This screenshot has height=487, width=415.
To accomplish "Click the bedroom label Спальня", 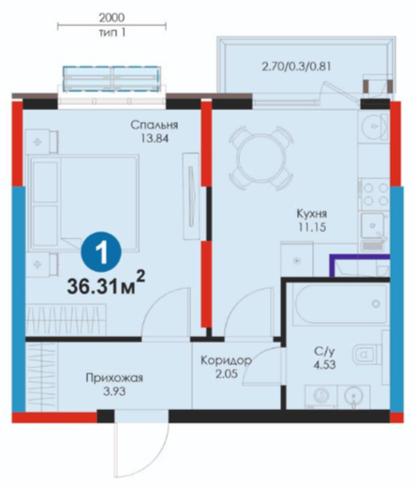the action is coord(155,126).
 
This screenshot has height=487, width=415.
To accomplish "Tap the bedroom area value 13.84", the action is coord(155,138).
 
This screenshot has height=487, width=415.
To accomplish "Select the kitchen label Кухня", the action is coord(311,214).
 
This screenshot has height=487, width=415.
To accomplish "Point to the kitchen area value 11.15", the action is coord(312,227).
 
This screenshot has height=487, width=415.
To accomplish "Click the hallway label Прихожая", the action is coord(114,378).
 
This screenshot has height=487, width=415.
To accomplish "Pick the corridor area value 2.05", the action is coord(227,373).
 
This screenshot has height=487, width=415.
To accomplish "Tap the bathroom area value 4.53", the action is coord(325,365).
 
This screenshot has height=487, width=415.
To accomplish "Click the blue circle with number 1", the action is coord(101,252).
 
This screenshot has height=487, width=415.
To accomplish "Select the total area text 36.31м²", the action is coord(106,286).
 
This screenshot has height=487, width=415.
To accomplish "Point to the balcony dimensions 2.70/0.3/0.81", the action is coord(296,67).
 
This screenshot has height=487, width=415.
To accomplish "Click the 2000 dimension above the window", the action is coord(111,18).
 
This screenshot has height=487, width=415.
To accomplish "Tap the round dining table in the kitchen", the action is coord(260,158).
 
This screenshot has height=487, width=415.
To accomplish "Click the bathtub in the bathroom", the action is coord(341,304).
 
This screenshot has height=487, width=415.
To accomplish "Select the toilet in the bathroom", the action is coord(368,355).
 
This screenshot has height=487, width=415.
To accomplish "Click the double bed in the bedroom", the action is coord(83,202).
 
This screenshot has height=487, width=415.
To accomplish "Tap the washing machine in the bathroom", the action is coord(321,396).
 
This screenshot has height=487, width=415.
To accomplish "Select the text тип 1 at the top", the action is coord(112,33).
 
